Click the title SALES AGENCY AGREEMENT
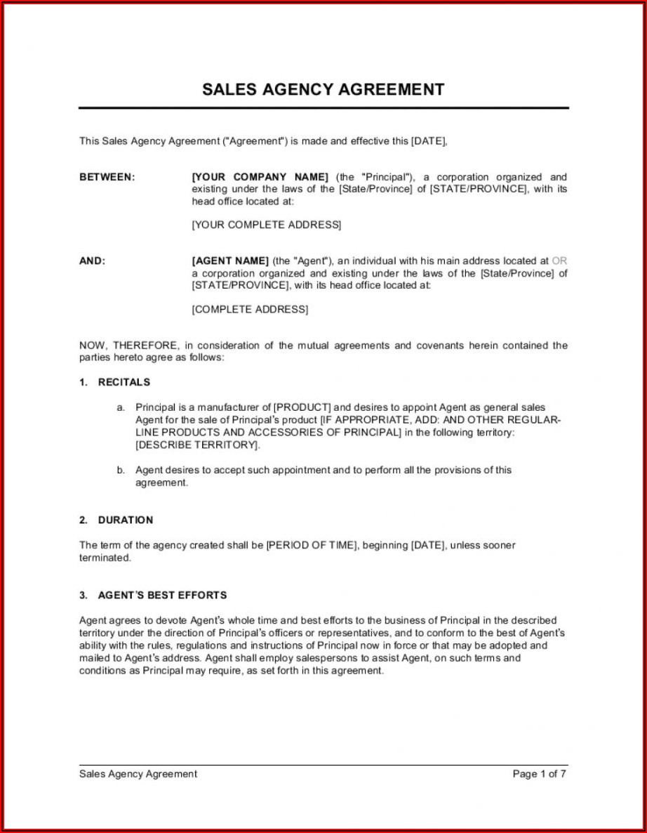(323, 89)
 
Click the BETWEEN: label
(107, 177)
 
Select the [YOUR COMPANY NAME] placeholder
(260, 177)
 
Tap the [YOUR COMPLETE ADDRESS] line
(267, 225)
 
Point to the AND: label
(92, 261)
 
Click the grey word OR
(560, 261)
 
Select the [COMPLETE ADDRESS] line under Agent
(250, 309)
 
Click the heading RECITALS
(124, 382)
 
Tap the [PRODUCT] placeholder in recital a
(302, 407)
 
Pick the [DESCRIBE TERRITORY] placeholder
(197, 445)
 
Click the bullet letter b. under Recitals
(121, 471)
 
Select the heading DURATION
(125, 520)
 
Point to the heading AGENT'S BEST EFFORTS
(162, 595)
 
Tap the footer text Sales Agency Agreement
(138, 774)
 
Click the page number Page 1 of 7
(539, 774)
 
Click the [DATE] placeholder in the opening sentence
(428, 141)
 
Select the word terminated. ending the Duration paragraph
(105, 558)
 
